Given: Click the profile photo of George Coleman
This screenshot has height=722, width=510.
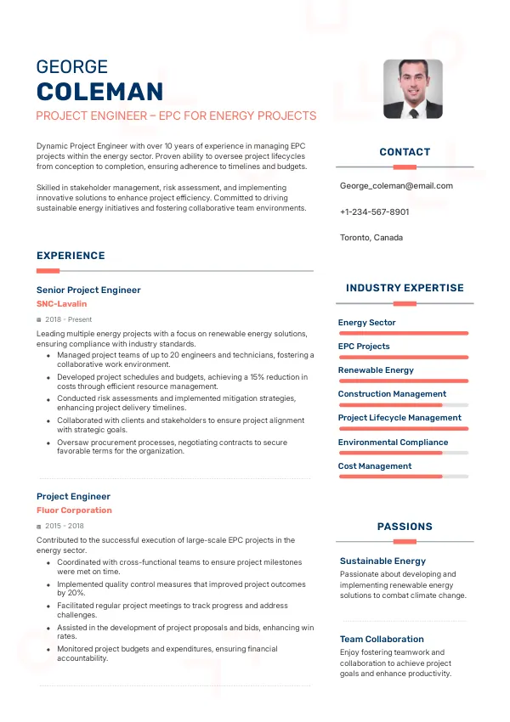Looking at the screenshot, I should click(413, 88).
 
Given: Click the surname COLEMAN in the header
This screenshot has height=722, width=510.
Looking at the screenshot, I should click(99, 92).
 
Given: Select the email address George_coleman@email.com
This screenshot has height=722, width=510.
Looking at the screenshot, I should click(396, 186).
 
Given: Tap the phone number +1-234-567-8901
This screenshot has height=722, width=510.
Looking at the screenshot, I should click(374, 212).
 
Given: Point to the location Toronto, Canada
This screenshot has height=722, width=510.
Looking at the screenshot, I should click(371, 238).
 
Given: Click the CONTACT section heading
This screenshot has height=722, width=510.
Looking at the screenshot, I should click(405, 152).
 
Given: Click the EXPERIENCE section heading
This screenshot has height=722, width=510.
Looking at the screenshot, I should click(71, 256).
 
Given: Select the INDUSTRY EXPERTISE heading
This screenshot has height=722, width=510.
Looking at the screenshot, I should click(405, 288).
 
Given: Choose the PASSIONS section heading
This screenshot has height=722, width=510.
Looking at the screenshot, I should click(405, 527).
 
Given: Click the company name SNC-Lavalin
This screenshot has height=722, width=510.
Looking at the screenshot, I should click(61, 303).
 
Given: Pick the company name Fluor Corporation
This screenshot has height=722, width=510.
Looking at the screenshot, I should click(74, 510).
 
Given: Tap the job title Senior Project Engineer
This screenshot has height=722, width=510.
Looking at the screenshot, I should click(88, 290).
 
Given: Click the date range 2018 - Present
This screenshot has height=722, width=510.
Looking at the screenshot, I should click(68, 319).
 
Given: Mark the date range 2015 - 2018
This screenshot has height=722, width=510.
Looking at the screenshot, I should click(65, 527).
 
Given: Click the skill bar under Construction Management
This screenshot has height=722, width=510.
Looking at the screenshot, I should click(403, 405).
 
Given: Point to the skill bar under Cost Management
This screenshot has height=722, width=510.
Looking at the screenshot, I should click(403, 477).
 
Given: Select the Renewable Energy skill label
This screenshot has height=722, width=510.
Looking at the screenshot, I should click(376, 370).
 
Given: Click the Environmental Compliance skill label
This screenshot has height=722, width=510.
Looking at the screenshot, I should click(393, 443).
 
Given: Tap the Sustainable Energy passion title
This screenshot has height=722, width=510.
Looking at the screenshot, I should click(382, 561).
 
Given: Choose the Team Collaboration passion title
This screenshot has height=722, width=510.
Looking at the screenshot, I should click(382, 640).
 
